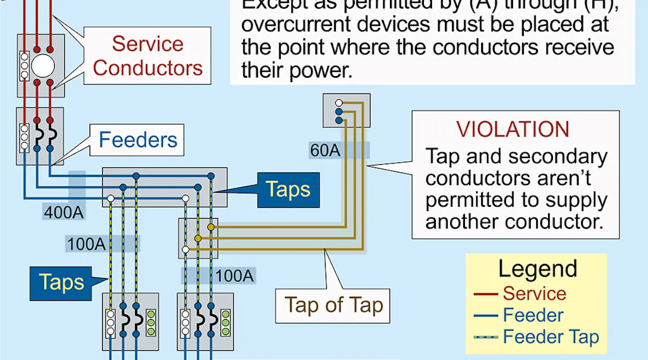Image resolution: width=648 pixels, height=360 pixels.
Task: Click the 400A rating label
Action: tap(64, 212)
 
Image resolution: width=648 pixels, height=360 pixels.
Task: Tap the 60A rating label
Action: tap(325, 150)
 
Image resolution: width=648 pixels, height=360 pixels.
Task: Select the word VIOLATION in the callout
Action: tap(512, 130)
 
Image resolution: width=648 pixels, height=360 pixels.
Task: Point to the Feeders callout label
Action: tap(138, 140)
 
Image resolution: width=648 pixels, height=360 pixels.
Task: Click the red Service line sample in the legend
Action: tap(485, 294)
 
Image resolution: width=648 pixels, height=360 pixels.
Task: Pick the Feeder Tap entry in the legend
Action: tap(551, 337)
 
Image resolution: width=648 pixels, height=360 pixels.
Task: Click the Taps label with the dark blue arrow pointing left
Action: tap(288, 190)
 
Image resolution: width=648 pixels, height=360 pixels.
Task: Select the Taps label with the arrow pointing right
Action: tap(62, 282)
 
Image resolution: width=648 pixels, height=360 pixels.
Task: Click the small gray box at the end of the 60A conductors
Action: tap(346, 111)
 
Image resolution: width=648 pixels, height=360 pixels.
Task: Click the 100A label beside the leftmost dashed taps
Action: tap(85, 244)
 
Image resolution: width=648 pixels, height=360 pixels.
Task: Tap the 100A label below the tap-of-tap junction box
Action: tap(234, 276)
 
